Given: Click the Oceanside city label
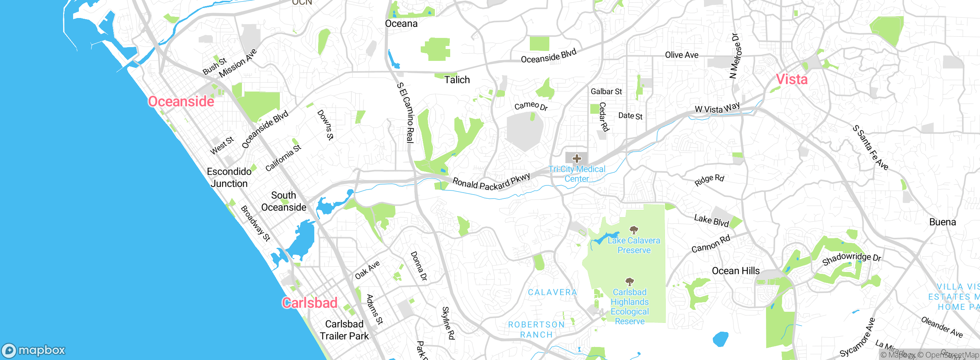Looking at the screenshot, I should click(x=181, y=101).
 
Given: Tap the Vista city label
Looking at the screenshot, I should click(x=792, y=79).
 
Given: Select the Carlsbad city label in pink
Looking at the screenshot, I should click(x=310, y=303).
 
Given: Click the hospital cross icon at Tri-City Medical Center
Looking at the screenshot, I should click(x=577, y=159).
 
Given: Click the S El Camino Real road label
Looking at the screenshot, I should click(x=405, y=113).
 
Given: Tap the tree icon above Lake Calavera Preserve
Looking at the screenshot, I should click(x=634, y=230).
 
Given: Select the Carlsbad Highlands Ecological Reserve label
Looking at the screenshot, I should click(x=629, y=307).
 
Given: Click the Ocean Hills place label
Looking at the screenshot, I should click(x=735, y=271).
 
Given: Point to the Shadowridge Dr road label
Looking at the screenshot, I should click(x=851, y=259).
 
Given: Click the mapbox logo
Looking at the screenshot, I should click(x=34, y=350).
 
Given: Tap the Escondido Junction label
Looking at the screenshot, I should click(x=229, y=177).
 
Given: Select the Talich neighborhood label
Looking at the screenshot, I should click(x=457, y=80).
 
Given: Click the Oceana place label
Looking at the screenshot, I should click(x=401, y=24).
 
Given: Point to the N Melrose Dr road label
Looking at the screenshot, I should click(x=735, y=56).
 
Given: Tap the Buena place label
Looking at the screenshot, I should click(x=942, y=222).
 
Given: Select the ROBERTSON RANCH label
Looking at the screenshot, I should click(x=536, y=329).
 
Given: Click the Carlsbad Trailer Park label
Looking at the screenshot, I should click(x=344, y=330).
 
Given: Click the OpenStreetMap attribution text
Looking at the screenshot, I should click(x=951, y=355).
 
